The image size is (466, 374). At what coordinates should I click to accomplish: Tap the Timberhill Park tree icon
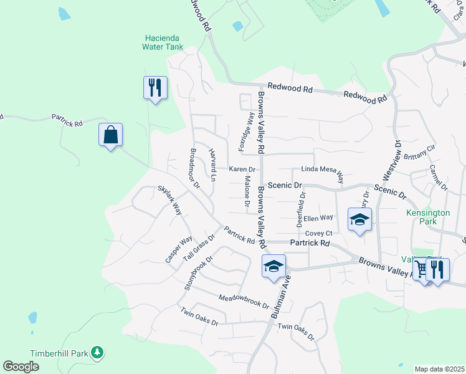(97, 353)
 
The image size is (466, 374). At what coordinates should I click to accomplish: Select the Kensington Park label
(427, 217)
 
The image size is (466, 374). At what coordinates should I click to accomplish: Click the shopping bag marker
(110, 135)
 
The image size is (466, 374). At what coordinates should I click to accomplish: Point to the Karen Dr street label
(242, 170)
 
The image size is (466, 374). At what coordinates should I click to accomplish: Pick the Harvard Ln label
(212, 165)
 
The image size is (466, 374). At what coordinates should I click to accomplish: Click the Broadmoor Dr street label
(195, 169)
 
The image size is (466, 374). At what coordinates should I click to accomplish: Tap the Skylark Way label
(169, 199)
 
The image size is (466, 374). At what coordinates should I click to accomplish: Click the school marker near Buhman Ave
(273, 267)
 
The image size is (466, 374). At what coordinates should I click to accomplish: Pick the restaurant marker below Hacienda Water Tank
(155, 87)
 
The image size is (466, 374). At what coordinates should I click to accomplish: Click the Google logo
(21, 367)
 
